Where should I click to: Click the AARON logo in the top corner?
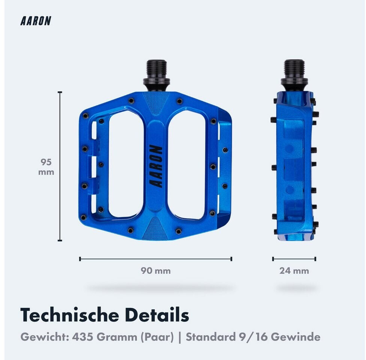pyautogui.click(x=36, y=21)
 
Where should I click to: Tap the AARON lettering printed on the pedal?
pyautogui.click(x=156, y=166)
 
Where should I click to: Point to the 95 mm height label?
pyautogui.click(x=46, y=167)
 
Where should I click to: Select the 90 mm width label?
pyautogui.click(x=156, y=271)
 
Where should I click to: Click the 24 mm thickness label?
pyautogui.click(x=294, y=271)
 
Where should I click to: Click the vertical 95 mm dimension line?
pyautogui.click(x=60, y=166)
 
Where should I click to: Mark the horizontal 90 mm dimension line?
pyautogui.click(x=156, y=259)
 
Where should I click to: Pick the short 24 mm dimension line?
pyautogui.click(x=294, y=259)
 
